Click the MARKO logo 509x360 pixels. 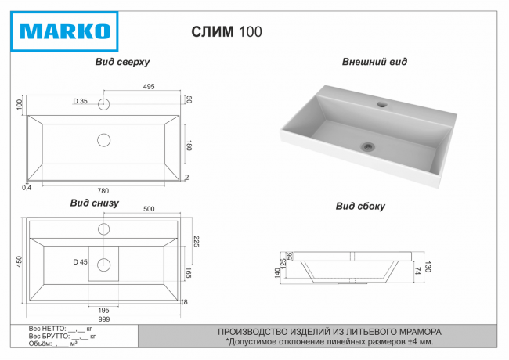pyautogui.click(x=65, y=32)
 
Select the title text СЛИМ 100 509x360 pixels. pyautogui.click(x=226, y=32)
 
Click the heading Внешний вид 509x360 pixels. pyautogui.click(x=374, y=61)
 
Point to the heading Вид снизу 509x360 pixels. pyautogui.click(x=95, y=203)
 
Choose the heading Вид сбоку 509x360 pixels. pyautogui.click(x=360, y=207)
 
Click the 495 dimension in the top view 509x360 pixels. pyautogui.click(x=148, y=87)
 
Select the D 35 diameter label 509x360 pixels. pyautogui.click(x=80, y=103)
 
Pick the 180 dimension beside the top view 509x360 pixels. pyautogui.click(x=188, y=146)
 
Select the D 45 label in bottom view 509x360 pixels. pyautogui.click(x=79, y=261)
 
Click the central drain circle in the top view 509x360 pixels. pyautogui.click(x=104, y=141)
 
